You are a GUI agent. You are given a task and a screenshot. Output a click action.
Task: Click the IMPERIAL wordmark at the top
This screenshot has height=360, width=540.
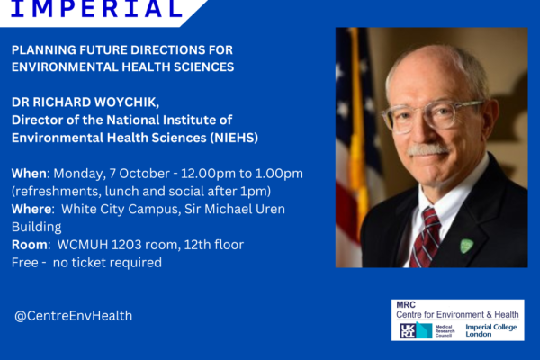click(x=97, y=8)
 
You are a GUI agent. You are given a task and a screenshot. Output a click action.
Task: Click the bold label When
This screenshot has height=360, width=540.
click(x=29, y=174)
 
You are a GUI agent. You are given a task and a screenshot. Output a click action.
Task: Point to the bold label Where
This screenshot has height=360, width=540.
click(x=31, y=209)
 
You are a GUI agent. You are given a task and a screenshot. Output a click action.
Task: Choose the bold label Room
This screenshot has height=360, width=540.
click(x=30, y=245)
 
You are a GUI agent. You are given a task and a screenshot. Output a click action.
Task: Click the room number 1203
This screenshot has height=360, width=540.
click(x=126, y=245)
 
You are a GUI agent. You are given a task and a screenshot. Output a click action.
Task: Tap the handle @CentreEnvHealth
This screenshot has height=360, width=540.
click(x=74, y=316)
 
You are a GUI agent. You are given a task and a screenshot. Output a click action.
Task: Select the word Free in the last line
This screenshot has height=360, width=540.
click(x=25, y=263)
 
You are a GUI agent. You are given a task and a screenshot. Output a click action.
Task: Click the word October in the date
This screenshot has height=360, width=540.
click(x=145, y=174)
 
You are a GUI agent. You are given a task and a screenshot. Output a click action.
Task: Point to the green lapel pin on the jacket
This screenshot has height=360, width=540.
click(x=466, y=246)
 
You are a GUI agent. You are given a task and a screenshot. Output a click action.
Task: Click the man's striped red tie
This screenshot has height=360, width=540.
click(x=426, y=238)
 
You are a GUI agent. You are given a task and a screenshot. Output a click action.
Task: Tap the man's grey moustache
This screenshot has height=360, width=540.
click(x=427, y=150)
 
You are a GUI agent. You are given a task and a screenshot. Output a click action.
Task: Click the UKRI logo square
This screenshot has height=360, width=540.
click(x=408, y=330)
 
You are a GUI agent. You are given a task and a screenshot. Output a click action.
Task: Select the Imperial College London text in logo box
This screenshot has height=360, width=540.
click(x=491, y=330)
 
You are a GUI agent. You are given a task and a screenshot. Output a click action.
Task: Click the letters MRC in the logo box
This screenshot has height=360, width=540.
click(x=406, y=305)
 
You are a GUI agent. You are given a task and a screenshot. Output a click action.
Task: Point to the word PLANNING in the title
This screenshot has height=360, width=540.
click(x=44, y=50)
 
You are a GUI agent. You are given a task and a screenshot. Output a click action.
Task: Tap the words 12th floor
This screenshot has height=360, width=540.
click(x=214, y=245)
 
